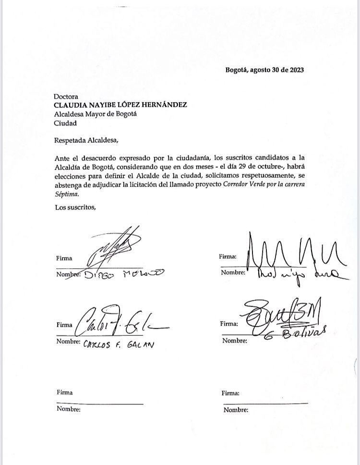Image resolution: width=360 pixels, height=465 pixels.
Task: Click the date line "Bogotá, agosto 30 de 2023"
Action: click(x=264, y=70)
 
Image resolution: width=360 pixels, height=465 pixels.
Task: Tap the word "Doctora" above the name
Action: click(x=66, y=96)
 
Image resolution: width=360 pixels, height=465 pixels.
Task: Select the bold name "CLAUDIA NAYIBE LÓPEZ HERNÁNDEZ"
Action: click(x=120, y=105)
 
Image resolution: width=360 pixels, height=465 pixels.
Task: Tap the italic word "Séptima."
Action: click(x=66, y=195)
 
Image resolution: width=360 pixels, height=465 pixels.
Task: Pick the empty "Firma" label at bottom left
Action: click(x=64, y=392)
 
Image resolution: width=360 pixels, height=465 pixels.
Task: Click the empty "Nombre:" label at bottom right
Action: click(x=236, y=410)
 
